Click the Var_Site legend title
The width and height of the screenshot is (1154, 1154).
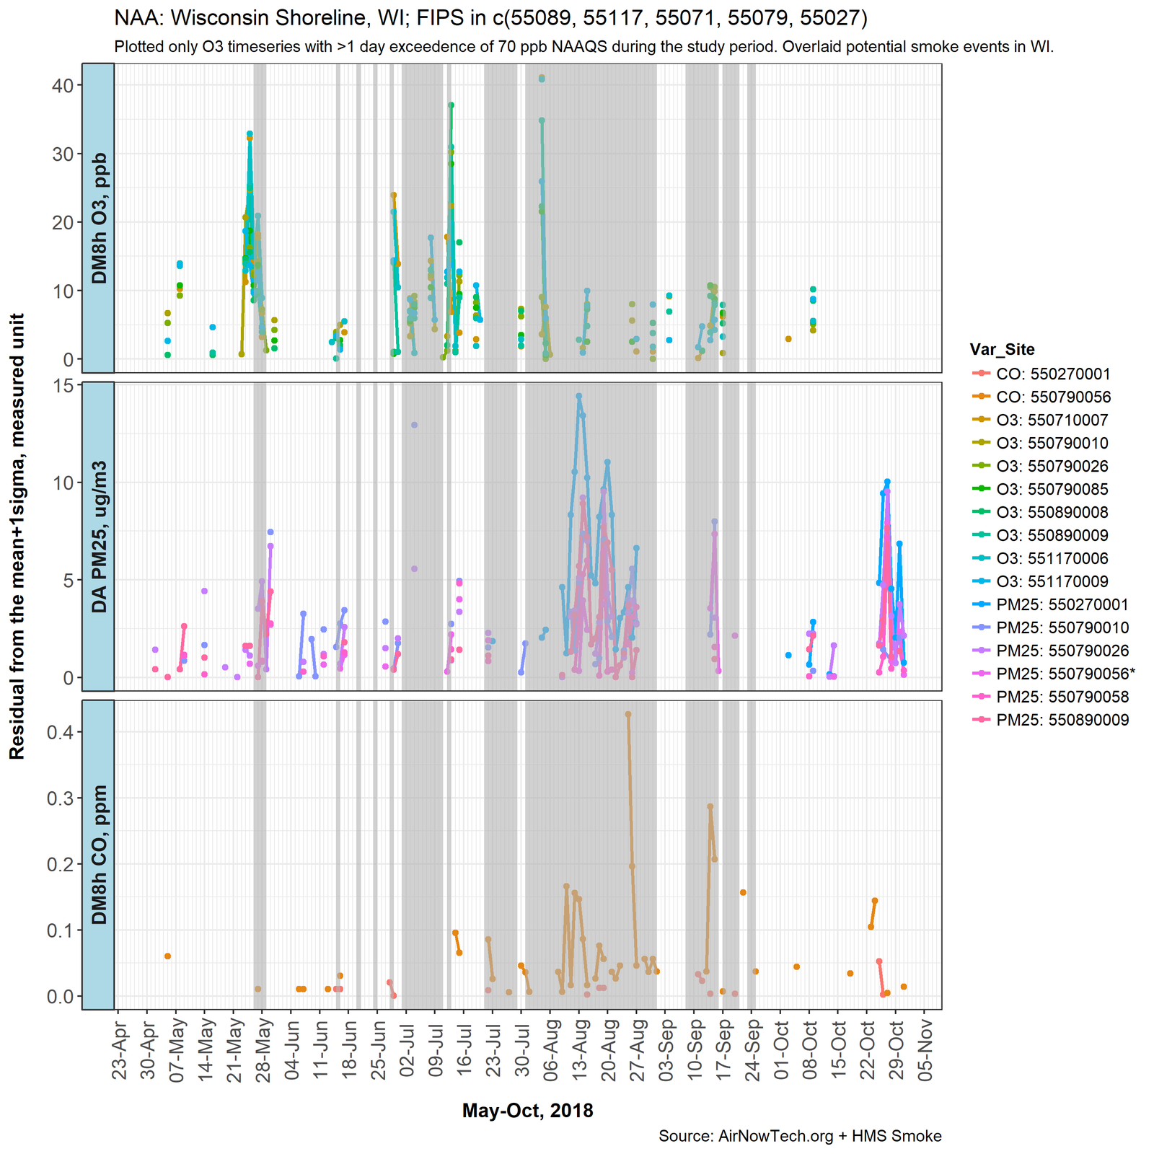click(1002, 351)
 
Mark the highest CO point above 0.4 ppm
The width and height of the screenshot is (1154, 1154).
click(628, 714)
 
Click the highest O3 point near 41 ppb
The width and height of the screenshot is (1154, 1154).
click(542, 78)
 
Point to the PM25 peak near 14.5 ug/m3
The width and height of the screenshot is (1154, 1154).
click(579, 396)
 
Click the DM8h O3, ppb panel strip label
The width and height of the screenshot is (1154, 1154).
click(99, 218)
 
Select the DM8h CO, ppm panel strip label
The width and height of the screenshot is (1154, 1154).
click(99, 854)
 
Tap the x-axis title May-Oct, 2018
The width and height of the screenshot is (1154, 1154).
click(527, 1111)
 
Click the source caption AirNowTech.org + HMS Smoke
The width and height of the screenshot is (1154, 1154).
click(800, 1137)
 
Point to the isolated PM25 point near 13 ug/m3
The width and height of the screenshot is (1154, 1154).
click(414, 425)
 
